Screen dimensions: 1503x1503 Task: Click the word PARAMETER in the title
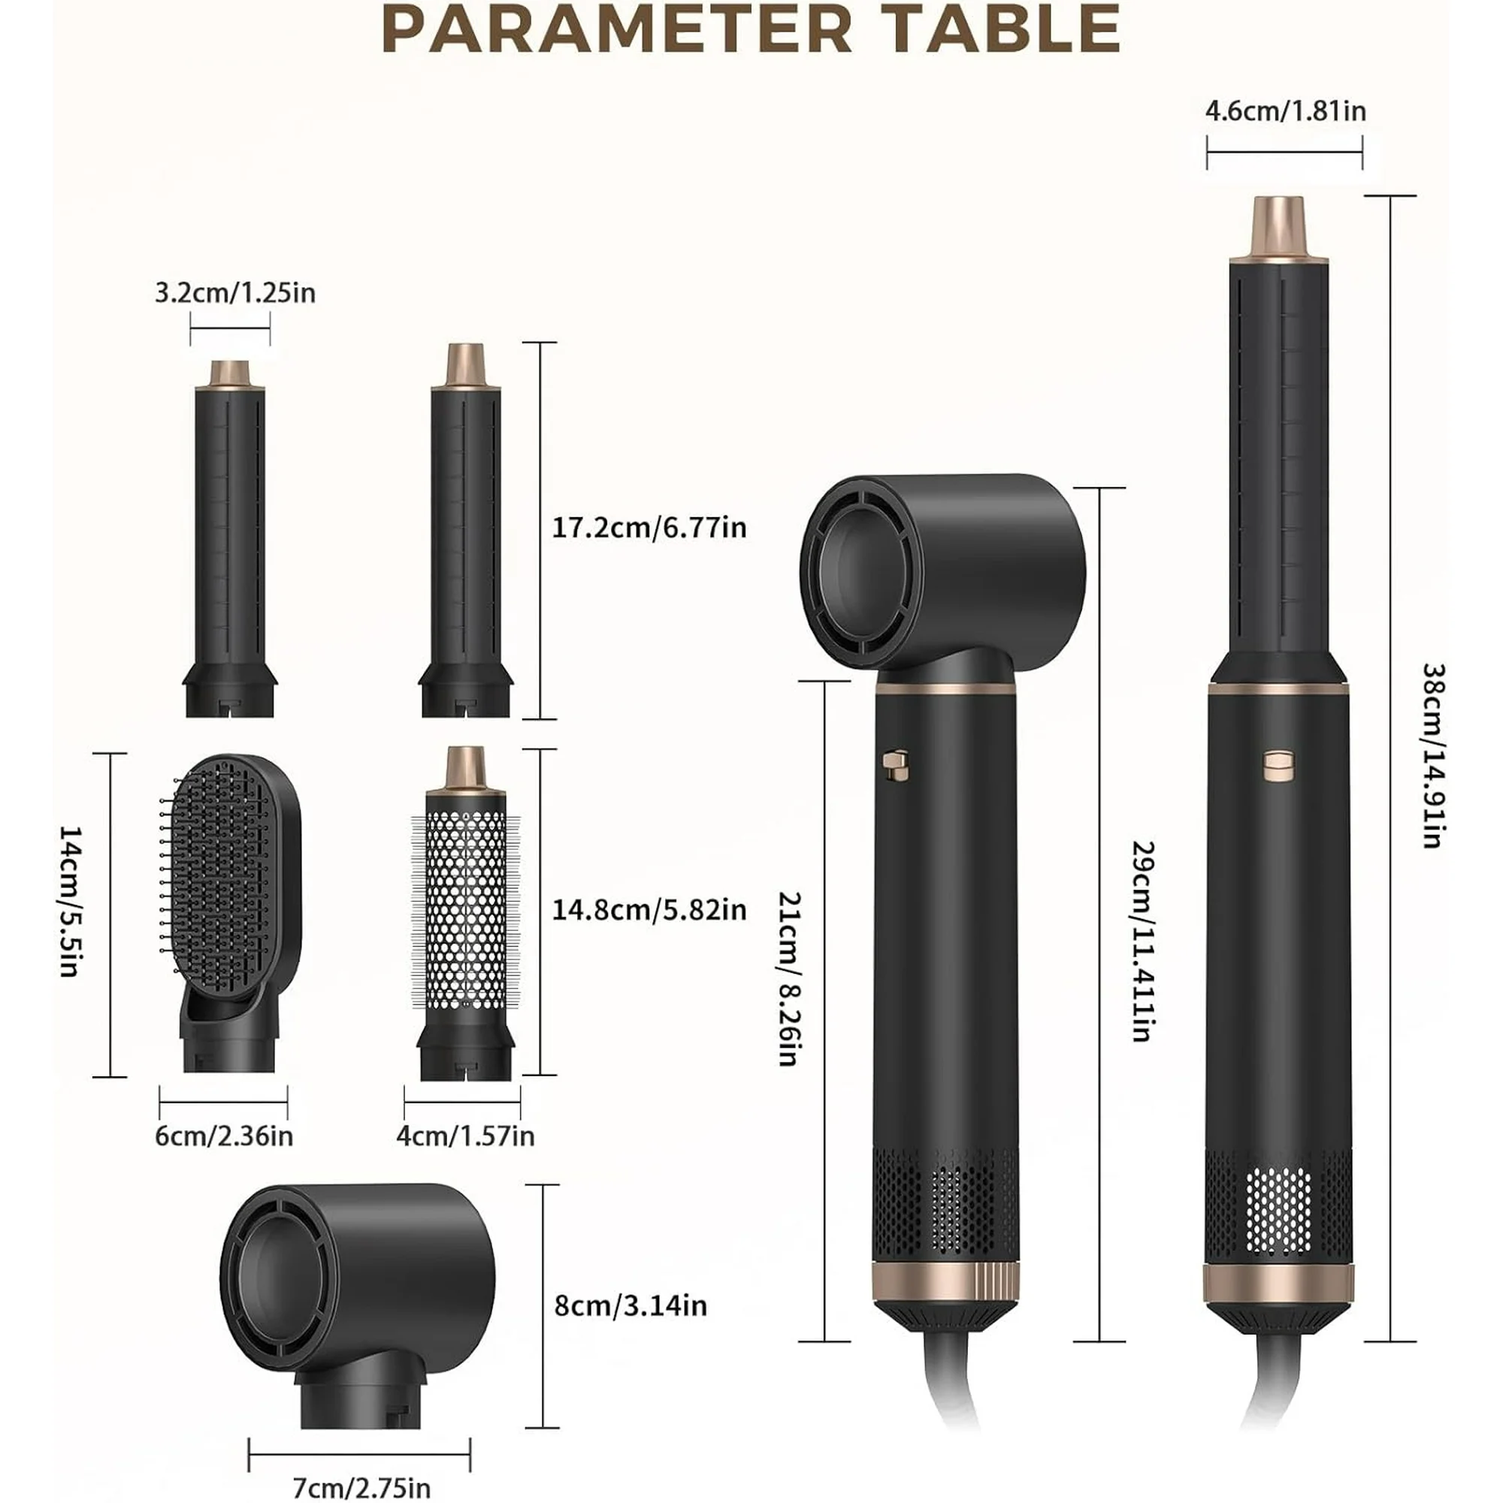coord(618,29)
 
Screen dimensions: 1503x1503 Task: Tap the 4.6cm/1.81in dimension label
coord(1285,111)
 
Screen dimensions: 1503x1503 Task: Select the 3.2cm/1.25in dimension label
coord(235,293)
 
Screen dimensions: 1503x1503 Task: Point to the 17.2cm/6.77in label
coord(649,528)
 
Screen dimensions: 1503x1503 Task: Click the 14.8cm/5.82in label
coord(649,909)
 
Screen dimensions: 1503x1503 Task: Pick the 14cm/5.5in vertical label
coord(70,900)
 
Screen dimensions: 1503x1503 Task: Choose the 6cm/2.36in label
coord(224,1136)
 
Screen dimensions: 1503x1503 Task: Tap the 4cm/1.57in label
coord(465,1136)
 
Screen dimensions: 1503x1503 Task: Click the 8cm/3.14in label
coord(631,1305)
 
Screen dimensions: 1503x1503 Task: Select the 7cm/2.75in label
coord(361,1488)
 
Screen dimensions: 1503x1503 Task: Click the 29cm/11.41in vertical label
coord(1142,941)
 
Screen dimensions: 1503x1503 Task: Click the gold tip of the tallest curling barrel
coord(1279,227)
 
